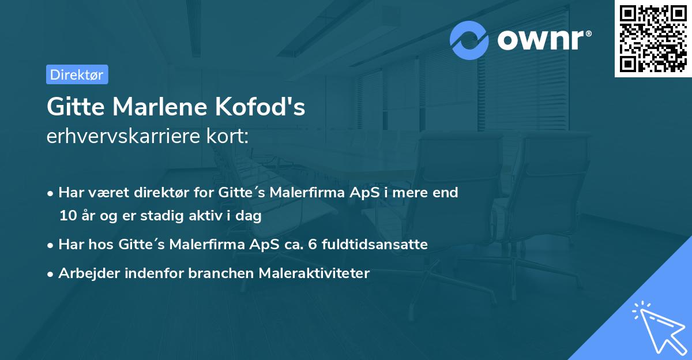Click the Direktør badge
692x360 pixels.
coord(77,74)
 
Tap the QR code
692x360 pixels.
coord(652,38)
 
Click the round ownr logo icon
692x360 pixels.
coord(469,40)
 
